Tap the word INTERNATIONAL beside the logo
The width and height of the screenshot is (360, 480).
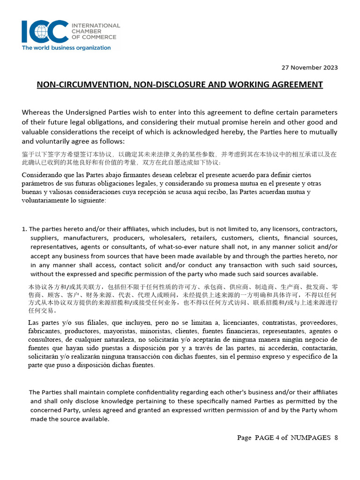coord(95,25)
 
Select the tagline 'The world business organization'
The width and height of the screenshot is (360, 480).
coord(66,48)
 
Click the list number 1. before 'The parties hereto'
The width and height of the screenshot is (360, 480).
coord(24,229)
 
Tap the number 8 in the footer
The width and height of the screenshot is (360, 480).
coord(336,438)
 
